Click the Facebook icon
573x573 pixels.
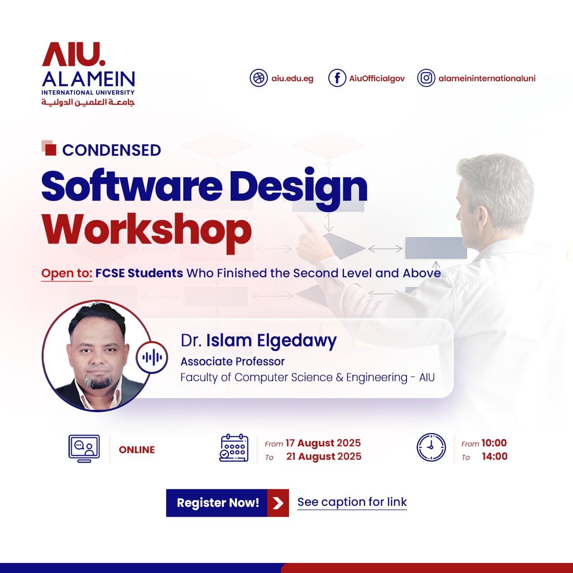tap(337, 78)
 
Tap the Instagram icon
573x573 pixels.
tap(426, 78)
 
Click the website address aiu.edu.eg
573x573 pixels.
tap(292, 78)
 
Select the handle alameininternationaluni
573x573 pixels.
tap(487, 78)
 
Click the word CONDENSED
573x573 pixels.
tap(111, 150)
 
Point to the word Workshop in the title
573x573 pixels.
tap(147, 229)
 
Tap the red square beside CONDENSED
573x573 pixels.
tap(51, 149)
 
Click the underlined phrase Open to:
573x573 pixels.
tap(67, 273)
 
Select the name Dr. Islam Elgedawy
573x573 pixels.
tap(259, 341)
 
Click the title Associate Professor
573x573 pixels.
tap(232, 362)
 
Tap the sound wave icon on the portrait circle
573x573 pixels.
tap(152, 357)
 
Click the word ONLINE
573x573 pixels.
tap(137, 450)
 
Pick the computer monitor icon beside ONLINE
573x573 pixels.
tap(84, 449)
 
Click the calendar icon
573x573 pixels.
tap(234, 448)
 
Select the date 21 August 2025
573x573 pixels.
tap(324, 457)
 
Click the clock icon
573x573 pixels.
tap(431, 447)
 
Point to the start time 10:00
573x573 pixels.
tap(494, 443)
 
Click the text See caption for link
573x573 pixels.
tap(352, 502)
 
